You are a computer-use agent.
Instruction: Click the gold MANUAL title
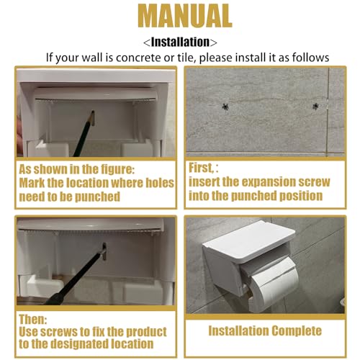click(185, 17)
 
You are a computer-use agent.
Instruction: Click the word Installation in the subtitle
click(180, 42)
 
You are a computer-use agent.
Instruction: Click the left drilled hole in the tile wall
click(225, 107)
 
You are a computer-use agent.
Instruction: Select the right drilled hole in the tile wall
click(315, 107)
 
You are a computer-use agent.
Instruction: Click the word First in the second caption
click(201, 168)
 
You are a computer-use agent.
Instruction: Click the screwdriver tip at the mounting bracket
click(104, 251)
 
